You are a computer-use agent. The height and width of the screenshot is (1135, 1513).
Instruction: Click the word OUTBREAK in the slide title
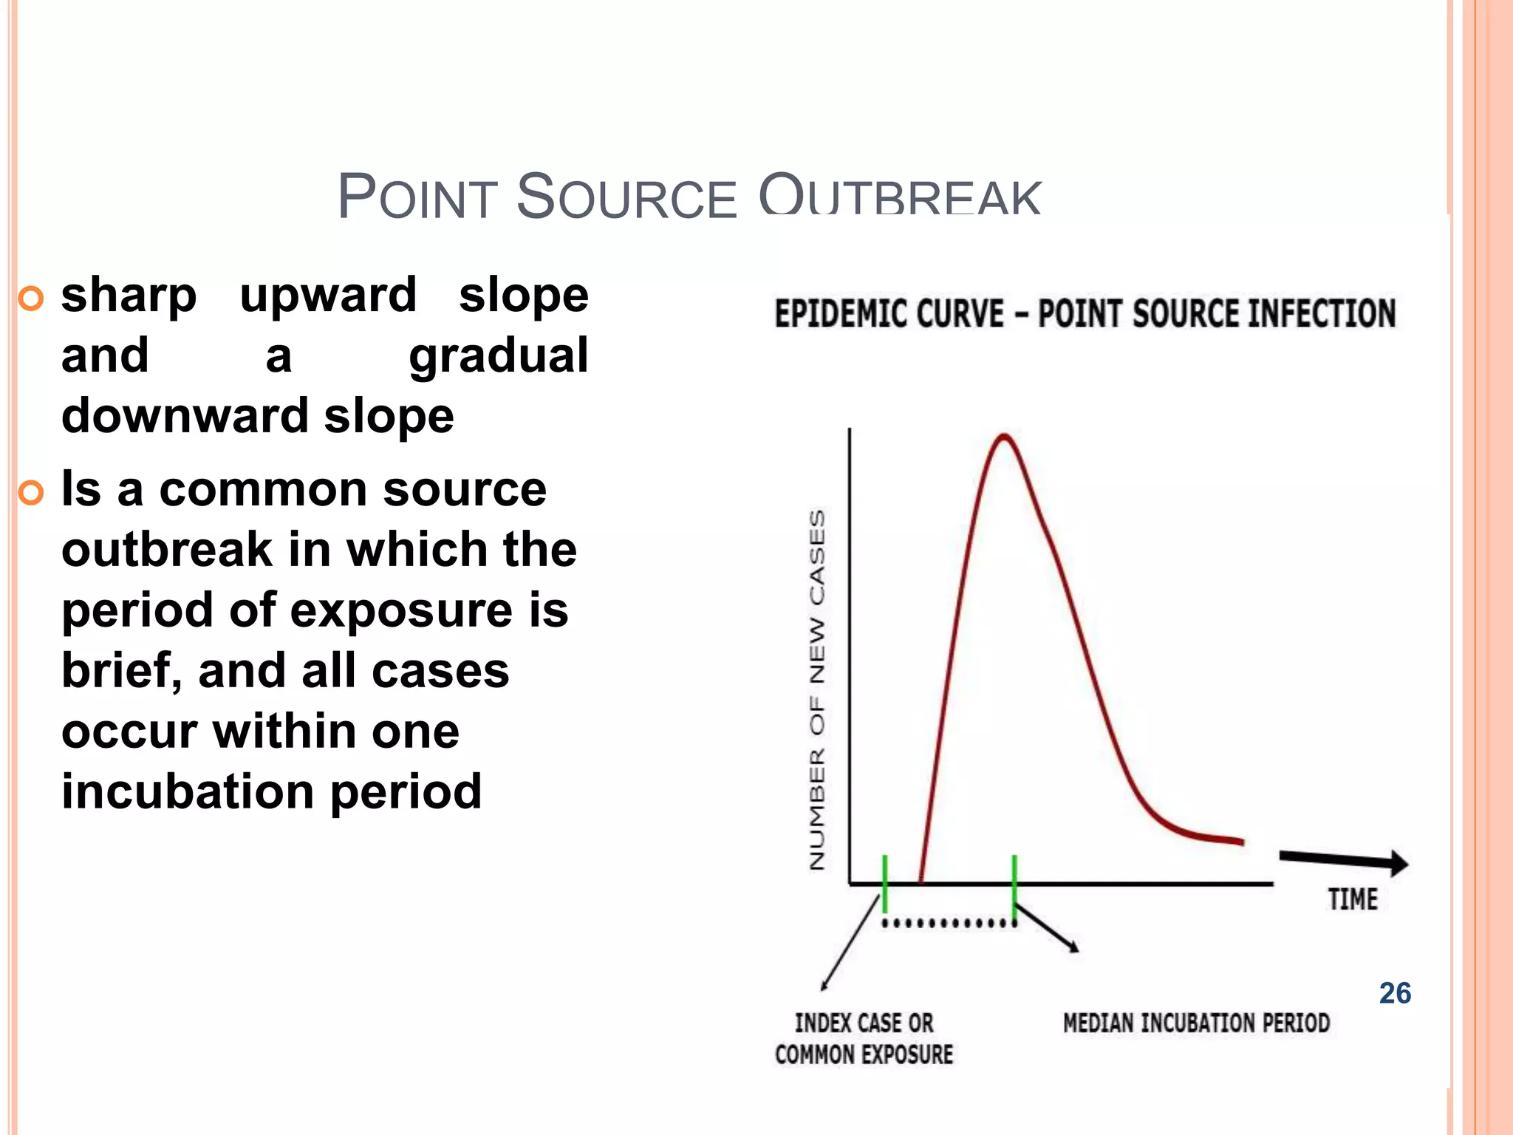(900, 197)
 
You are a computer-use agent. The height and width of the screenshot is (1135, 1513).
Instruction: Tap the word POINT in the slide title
(417, 197)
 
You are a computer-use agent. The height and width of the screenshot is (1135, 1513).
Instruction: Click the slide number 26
(1395, 993)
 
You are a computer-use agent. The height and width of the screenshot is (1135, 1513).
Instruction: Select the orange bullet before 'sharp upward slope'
(31, 299)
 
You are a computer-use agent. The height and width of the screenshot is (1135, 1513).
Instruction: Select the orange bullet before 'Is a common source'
(31, 492)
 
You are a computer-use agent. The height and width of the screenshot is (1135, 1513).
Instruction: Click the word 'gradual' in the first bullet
(499, 356)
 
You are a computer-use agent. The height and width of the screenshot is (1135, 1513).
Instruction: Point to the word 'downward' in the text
(186, 416)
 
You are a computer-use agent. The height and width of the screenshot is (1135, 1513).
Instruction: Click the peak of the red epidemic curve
(1005, 436)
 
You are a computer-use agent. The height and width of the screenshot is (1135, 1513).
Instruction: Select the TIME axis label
(1353, 900)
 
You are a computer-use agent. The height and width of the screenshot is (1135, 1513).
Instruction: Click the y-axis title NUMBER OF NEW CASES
(817, 689)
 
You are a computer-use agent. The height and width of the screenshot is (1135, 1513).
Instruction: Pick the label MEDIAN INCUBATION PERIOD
(1196, 1023)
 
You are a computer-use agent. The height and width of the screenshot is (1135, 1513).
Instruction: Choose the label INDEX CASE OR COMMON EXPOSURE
(864, 1039)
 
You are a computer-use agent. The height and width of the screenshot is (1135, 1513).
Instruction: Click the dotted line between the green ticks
(949, 924)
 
